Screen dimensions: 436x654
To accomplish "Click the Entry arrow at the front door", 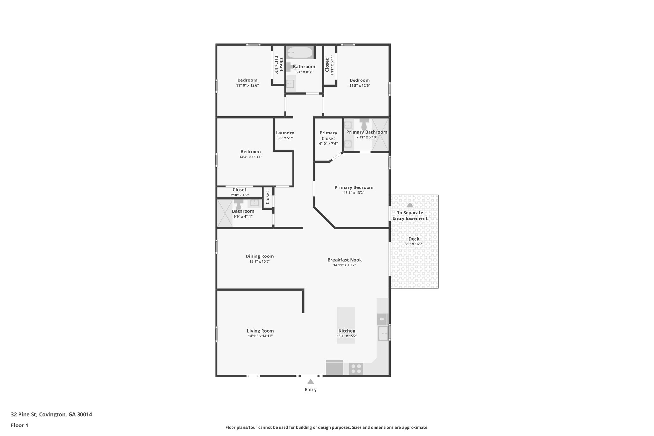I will [x=310, y=382].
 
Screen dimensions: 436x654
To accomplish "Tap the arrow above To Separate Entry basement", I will [x=410, y=205].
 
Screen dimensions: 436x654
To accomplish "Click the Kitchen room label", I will [x=347, y=331].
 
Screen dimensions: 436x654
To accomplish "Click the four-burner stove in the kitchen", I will [x=356, y=369].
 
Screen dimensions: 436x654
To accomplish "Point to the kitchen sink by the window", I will [x=383, y=333].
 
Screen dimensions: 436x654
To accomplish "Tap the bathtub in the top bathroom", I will [x=299, y=52].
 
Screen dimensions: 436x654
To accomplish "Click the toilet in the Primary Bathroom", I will [x=364, y=124].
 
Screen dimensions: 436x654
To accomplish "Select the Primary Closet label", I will [x=328, y=135].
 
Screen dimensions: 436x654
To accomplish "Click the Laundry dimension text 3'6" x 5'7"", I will [x=285, y=138].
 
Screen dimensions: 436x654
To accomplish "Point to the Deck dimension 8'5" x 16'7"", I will [x=414, y=244].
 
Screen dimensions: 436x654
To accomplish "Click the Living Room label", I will [x=260, y=331].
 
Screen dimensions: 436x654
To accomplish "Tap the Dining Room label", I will [x=260, y=256].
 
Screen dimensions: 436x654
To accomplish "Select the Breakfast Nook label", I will [x=345, y=260].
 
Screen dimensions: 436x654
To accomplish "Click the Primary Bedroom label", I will [x=354, y=187].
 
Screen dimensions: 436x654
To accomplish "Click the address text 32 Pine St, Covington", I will [x=51, y=415].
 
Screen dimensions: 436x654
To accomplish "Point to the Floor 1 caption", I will [x=19, y=425].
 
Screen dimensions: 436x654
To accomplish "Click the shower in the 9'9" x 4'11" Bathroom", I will [x=225, y=213].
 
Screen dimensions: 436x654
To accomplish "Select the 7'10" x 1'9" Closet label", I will [x=239, y=190].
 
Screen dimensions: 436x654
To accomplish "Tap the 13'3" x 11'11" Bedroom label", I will [x=250, y=152].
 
